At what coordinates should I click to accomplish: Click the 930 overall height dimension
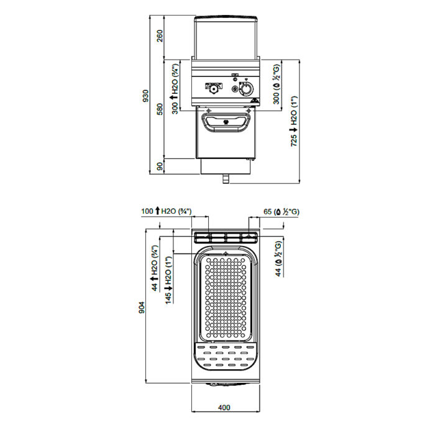(145, 95)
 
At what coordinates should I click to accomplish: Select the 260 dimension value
(160, 36)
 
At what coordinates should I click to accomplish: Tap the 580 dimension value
(160, 109)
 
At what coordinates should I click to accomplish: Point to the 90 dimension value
(160, 167)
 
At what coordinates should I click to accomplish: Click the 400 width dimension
(224, 407)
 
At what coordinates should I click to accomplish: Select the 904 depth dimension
(142, 308)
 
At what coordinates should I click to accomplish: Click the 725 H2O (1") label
(293, 121)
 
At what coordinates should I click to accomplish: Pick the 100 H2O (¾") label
(166, 211)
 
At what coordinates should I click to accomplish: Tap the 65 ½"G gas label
(282, 212)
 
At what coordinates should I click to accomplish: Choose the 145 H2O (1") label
(168, 280)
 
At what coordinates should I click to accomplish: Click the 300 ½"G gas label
(277, 84)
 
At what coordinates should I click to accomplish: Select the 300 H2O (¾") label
(175, 89)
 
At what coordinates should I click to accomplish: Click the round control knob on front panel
(246, 89)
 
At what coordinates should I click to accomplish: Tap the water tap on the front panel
(214, 88)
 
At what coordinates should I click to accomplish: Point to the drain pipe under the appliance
(226, 179)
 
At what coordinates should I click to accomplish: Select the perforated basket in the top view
(226, 298)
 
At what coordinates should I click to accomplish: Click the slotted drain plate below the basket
(226, 356)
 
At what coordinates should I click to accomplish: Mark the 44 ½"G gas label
(278, 259)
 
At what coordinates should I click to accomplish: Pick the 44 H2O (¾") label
(154, 268)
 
